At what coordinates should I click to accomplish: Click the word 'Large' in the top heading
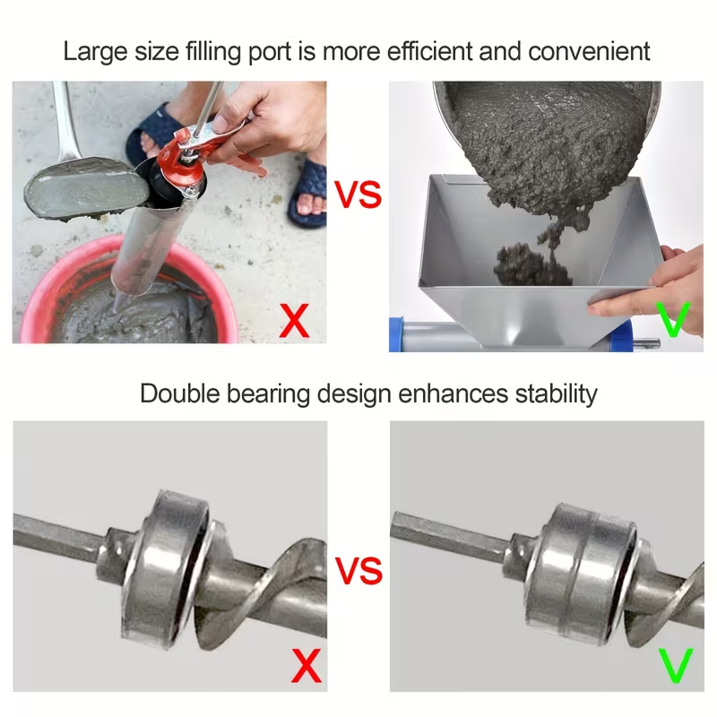tap(95, 52)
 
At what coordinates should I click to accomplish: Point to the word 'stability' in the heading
tap(556, 394)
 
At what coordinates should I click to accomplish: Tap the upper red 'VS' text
tap(358, 194)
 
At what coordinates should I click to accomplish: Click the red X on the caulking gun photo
tap(295, 321)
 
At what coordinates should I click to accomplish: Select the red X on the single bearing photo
tap(307, 665)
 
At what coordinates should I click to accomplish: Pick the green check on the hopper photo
tap(673, 319)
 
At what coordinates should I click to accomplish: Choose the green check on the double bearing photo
tap(677, 665)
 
